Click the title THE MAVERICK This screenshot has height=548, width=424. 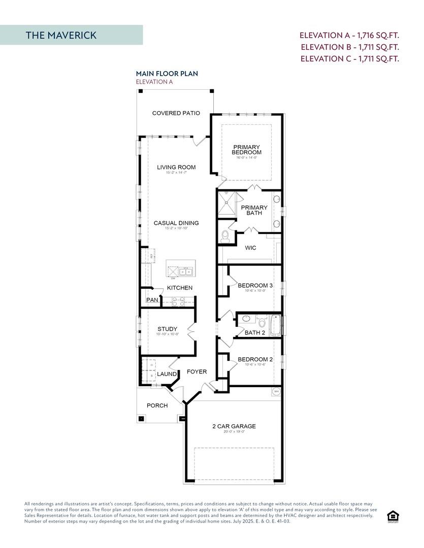(61, 35)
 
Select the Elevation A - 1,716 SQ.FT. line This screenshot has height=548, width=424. (349, 36)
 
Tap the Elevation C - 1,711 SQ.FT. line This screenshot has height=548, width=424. (350, 59)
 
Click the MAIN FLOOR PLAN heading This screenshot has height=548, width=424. (167, 74)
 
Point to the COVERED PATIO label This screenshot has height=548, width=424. (176, 113)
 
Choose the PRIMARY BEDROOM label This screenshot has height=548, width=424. (246, 150)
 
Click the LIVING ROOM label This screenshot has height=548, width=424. (176, 167)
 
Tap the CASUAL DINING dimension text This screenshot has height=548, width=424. (176, 228)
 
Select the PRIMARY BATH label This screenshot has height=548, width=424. (254, 210)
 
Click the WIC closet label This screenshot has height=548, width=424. (250, 248)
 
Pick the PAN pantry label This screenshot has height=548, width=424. (152, 300)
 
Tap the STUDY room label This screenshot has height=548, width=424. (167, 329)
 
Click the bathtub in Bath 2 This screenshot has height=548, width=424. (275, 325)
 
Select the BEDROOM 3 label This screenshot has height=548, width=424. (255, 286)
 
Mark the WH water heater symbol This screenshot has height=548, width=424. (276, 391)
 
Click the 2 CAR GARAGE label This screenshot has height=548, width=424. (234, 426)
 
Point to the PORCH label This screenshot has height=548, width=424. (157, 405)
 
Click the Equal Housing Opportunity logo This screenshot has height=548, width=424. (393, 517)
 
